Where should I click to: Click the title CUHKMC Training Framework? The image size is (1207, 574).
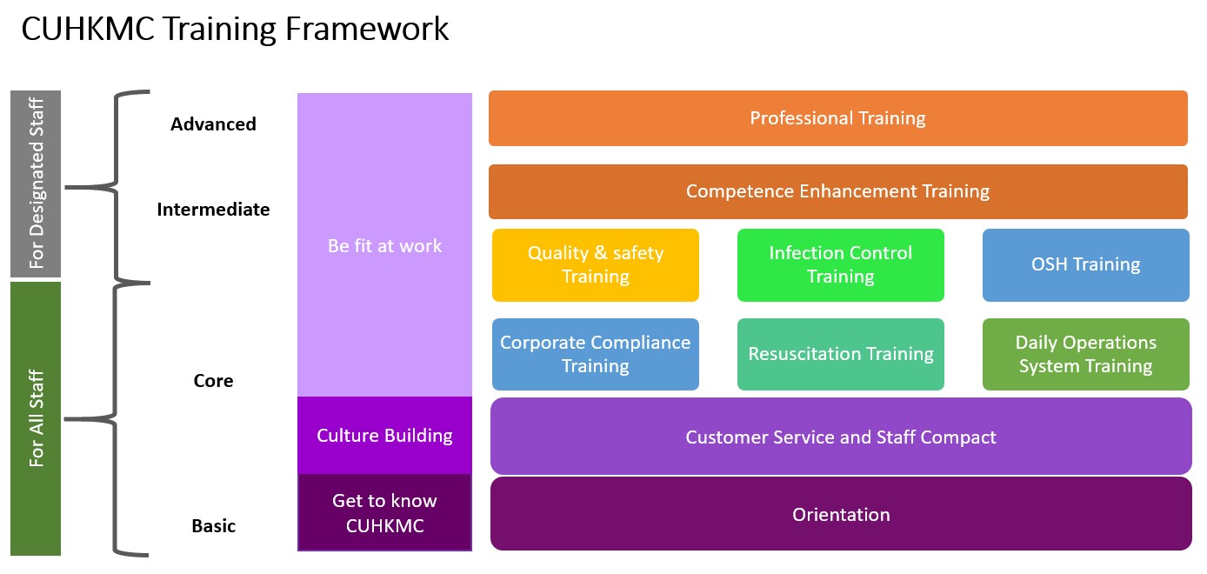(235, 29)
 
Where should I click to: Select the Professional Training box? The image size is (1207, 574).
(838, 118)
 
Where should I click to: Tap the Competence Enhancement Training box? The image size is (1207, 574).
(838, 191)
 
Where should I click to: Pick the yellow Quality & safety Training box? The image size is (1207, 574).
(596, 264)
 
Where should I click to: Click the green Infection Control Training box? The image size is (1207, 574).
(841, 264)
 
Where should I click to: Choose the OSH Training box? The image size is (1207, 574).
(1086, 264)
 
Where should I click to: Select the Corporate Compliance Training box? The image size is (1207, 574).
(596, 354)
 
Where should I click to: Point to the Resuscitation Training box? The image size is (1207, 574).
(841, 354)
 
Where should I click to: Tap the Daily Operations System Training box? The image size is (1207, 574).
(1086, 354)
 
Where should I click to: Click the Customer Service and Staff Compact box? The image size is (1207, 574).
(841, 437)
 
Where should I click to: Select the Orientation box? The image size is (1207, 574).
(841, 514)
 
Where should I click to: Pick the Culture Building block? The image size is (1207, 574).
(384, 435)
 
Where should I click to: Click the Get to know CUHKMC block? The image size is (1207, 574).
(384, 512)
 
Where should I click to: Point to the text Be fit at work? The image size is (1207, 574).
(384, 246)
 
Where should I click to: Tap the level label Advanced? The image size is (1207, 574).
(213, 124)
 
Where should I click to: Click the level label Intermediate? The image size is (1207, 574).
(213, 209)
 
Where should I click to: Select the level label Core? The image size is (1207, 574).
(213, 381)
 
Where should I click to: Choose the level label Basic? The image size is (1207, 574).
(213, 525)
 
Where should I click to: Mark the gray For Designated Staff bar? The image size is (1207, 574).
(36, 184)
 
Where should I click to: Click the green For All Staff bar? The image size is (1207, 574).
(36, 419)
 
